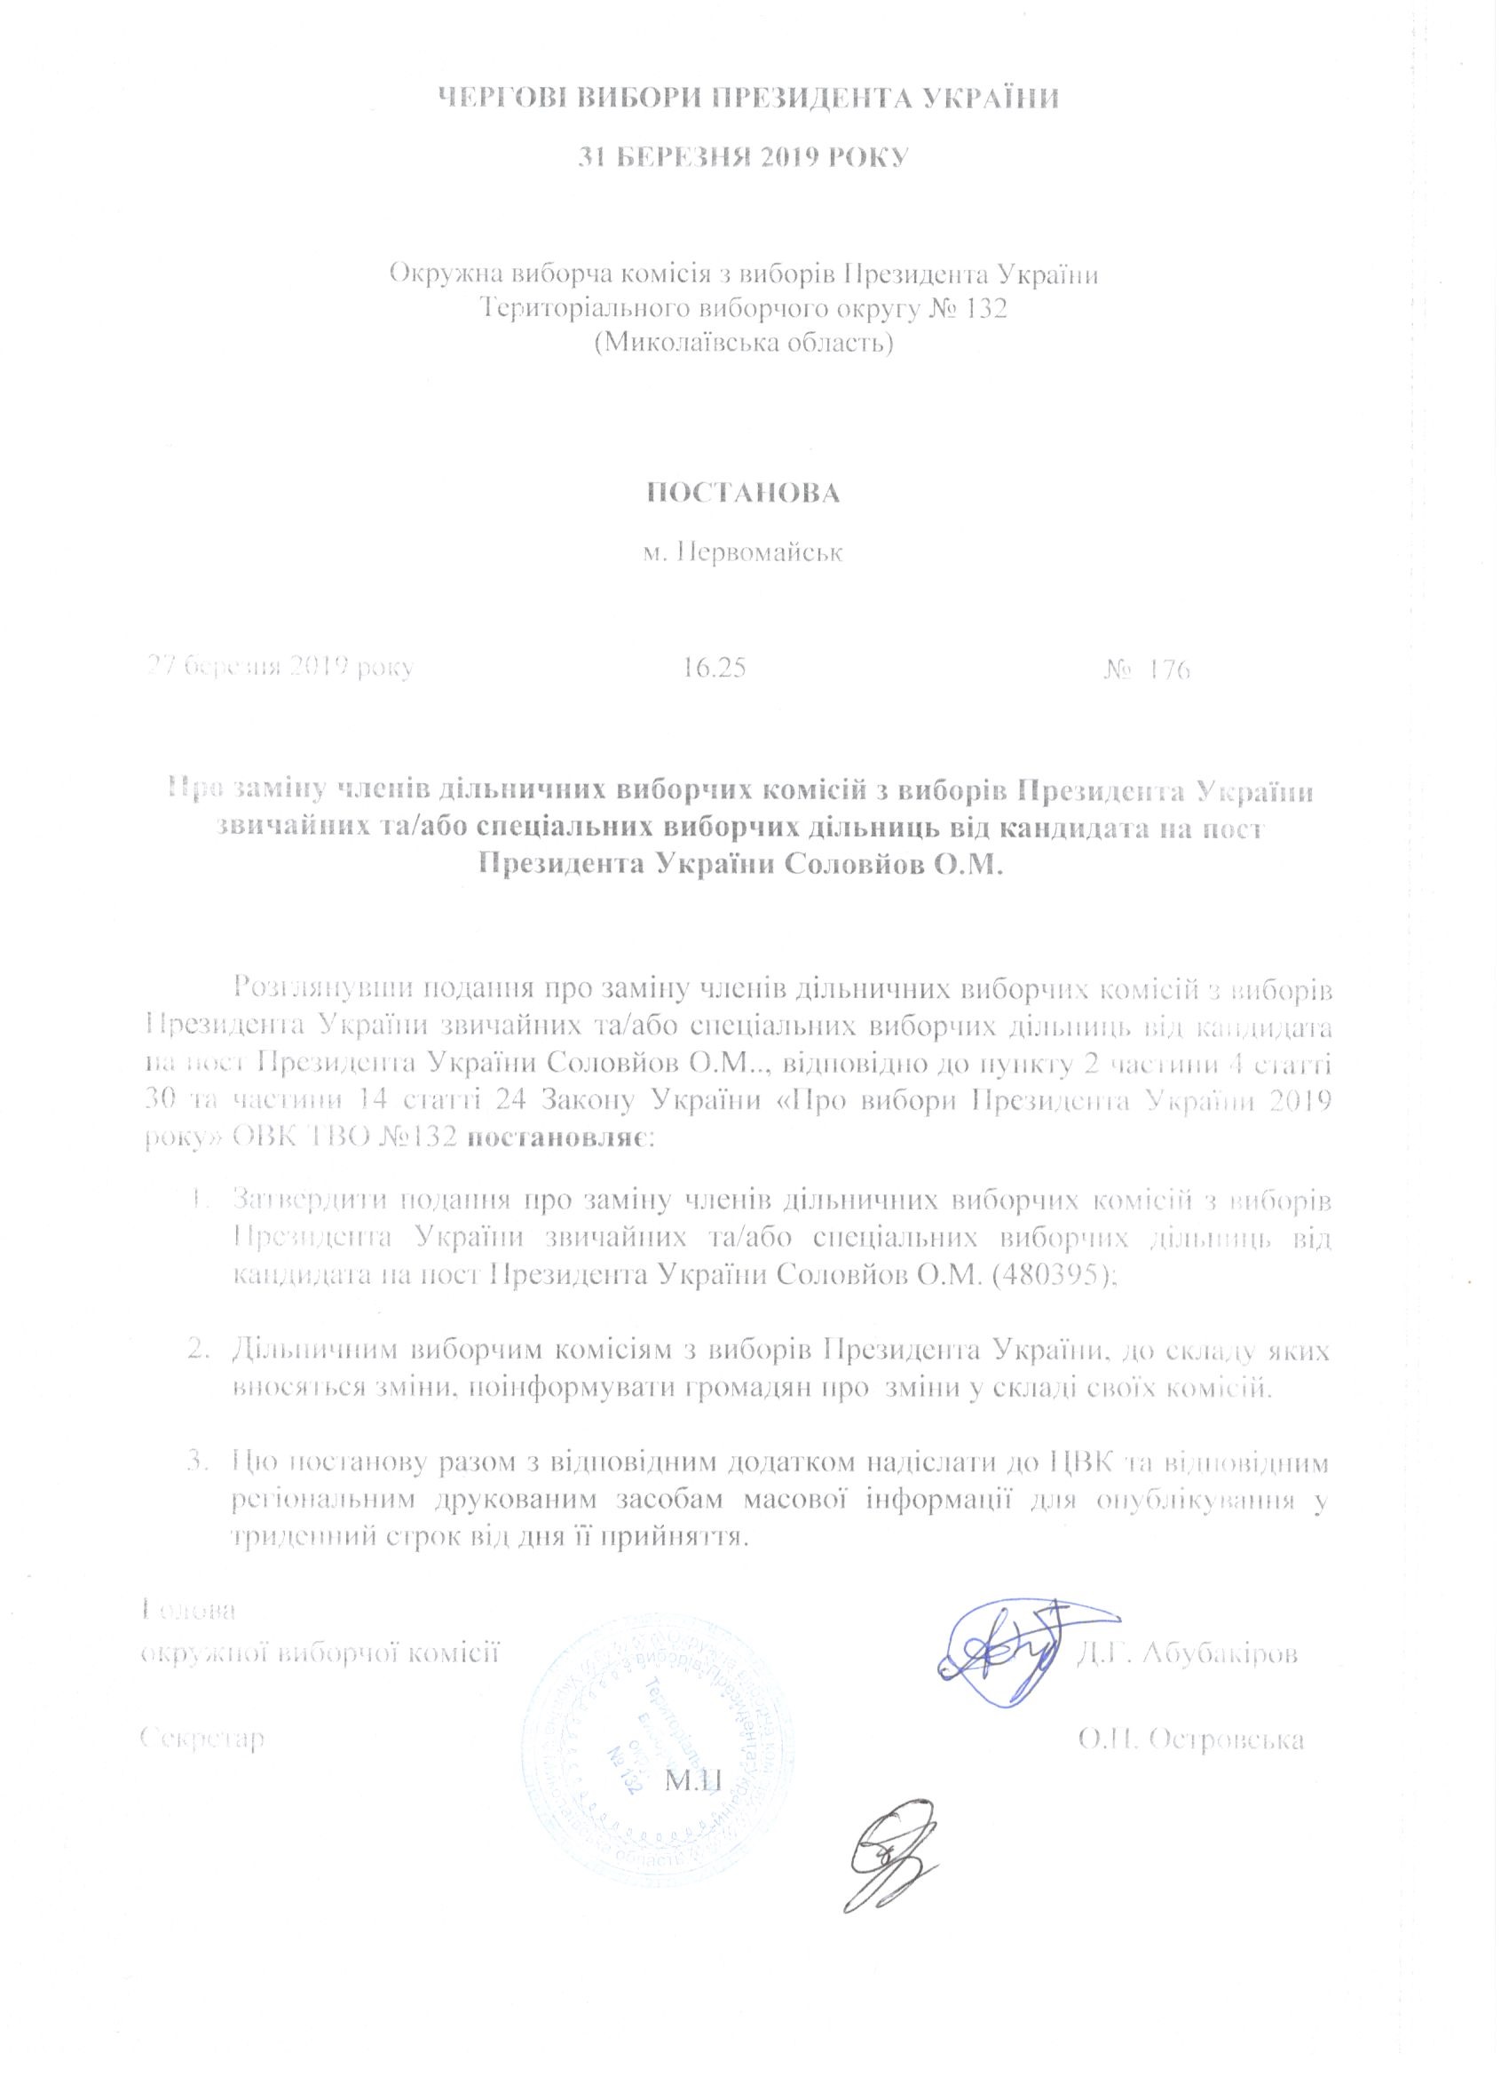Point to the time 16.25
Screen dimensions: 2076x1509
[x=713, y=669]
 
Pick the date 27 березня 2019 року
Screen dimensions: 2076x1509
[x=282, y=666]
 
